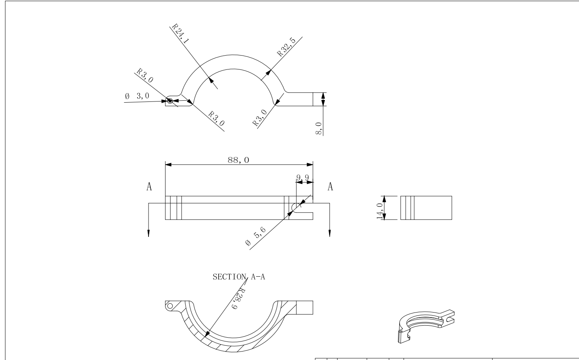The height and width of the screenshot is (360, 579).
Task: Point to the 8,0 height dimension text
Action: [x=319, y=128]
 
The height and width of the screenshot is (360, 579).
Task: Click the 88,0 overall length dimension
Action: [x=238, y=160]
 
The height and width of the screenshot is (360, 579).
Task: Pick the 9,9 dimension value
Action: [x=302, y=178]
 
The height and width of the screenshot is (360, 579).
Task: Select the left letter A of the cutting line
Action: [x=149, y=187]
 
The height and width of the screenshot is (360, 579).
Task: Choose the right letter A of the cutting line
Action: [x=330, y=187]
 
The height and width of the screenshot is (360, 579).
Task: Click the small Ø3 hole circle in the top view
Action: [x=170, y=101]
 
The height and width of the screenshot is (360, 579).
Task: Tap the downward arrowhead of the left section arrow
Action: [x=149, y=233]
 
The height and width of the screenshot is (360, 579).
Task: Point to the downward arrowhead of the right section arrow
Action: [x=329, y=233]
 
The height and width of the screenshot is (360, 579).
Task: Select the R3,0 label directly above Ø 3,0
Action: [x=145, y=75]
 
